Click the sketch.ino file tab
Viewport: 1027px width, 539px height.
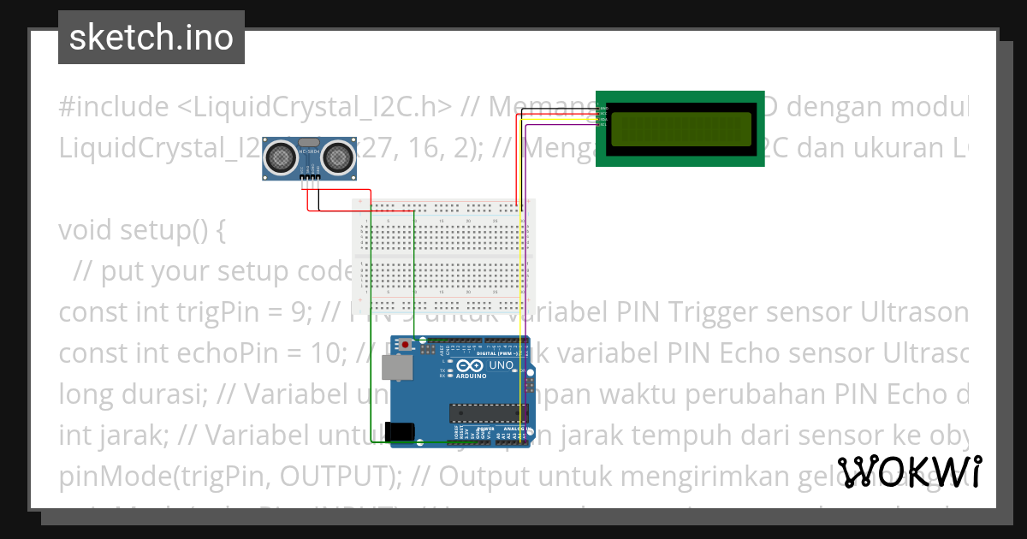151,38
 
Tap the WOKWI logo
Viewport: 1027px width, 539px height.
909,471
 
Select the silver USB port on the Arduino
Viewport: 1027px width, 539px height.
396,368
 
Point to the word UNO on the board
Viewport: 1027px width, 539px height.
496,365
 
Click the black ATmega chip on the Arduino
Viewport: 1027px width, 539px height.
489,412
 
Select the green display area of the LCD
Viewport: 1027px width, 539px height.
681,128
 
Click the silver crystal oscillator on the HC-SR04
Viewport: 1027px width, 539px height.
311,142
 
